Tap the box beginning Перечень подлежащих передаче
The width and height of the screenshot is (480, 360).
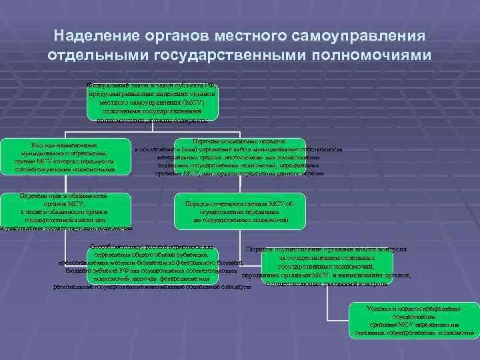click(x=239, y=157)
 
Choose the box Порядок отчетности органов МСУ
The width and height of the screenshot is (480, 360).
click(x=241, y=211)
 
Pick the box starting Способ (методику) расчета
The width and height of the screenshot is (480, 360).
click(x=153, y=267)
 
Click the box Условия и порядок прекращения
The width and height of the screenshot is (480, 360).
click(x=413, y=319)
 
